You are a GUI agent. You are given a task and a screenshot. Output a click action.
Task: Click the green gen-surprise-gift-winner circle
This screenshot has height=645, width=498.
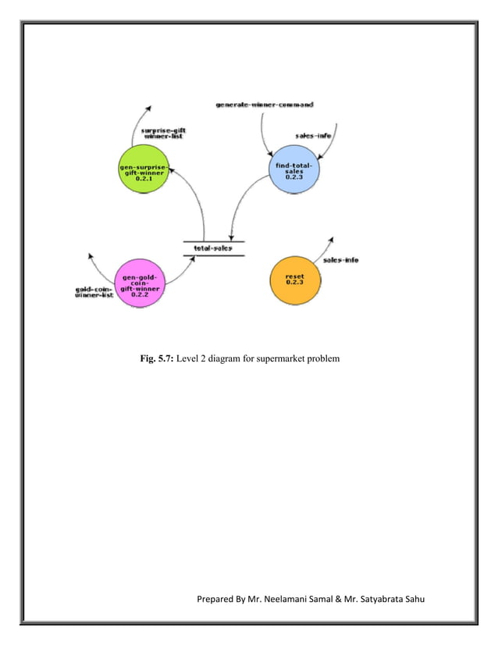pos(144,170)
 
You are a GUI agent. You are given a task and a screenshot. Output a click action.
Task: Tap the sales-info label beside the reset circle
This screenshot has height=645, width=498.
pos(341,260)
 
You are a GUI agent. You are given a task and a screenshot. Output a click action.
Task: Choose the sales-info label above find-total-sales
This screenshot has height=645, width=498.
pos(315,134)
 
